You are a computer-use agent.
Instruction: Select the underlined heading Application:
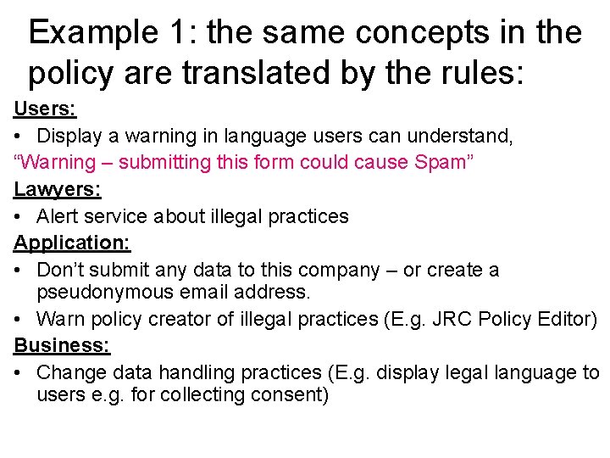[72, 243]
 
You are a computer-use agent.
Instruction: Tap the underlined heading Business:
[62, 345]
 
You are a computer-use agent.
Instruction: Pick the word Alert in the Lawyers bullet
[58, 216]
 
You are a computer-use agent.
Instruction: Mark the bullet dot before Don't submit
[19, 271]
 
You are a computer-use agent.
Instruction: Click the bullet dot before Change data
[19, 373]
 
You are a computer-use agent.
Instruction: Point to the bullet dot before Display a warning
[19, 136]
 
